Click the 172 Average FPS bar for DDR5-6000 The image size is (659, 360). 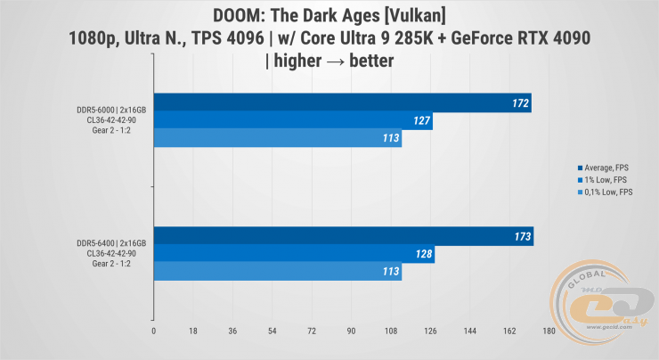[343, 102]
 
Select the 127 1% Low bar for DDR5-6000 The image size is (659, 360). [294, 120]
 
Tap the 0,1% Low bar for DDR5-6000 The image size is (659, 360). [278, 138]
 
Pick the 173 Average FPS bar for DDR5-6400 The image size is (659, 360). [344, 237]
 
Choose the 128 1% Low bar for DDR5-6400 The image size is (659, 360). [295, 255]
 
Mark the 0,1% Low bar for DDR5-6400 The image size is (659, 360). [278, 273]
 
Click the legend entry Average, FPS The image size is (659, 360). [607, 168]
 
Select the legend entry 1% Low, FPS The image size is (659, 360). [606, 179]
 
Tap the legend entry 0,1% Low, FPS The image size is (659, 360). [608, 192]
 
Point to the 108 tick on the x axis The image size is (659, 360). [391, 331]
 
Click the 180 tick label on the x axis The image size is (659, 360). [549, 331]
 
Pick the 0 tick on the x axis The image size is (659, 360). [155, 331]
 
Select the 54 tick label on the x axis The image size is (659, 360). [273, 331]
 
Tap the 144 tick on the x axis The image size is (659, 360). [470, 331]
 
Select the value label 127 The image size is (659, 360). [422, 121]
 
